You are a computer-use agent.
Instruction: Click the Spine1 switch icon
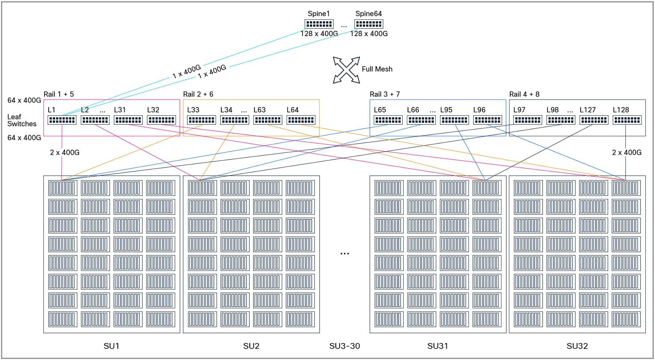click(x=319, y=24)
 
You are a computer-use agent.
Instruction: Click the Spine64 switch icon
click(x=369, y=24)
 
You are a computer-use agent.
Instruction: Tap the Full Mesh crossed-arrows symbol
click(x=346, y=70)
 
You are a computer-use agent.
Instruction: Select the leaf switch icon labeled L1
click(x=62, y=120)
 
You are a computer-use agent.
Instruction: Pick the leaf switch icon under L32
click(x=161, y=120)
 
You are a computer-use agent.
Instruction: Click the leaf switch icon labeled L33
click(x=201, y=120)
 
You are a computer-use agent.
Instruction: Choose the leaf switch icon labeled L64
click(x=301, y=120)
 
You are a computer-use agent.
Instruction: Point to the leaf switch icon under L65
click(x=388, y=120)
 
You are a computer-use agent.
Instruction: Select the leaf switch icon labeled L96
click(x=487, y=120)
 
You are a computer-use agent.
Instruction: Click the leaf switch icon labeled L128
click(x=627, y=120)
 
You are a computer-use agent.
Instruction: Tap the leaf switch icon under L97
click(x=527, y=120)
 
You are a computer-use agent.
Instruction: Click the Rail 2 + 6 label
click(x=198, y=94)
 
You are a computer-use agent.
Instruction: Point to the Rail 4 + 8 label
click(x=524, y=94)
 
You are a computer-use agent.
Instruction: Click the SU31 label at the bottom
click(x=437, y=346)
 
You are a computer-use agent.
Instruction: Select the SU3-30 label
click(x=345, y=346)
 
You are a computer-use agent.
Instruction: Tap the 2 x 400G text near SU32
click(x=626, y=152)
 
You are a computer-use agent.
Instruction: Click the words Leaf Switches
click(x=22, y=120)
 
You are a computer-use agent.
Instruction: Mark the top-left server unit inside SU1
click(x=62, y=188)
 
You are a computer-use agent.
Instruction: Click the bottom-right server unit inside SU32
click(x=625, y=319)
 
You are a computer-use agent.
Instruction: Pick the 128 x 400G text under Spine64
click(x=369, y=33)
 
